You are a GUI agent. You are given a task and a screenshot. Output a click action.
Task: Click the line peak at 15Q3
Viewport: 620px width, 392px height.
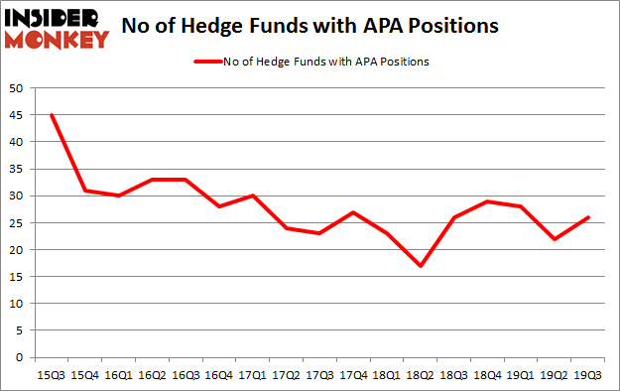pyautogui.click(x=52, y=115)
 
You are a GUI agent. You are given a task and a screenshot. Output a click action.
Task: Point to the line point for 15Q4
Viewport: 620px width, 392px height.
pyautogui.click(x=85, y=191)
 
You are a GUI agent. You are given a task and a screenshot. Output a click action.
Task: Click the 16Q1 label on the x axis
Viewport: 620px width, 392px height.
pyautogui.click(x=119, y=374)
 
